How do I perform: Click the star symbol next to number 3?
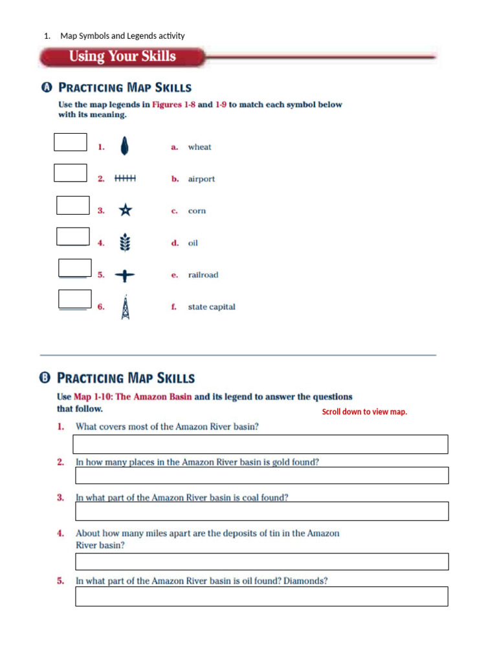click(125, 210)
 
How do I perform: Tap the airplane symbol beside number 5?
click(125, 275)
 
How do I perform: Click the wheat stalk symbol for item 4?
click(125, 243)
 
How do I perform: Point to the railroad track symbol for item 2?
click(125, 178)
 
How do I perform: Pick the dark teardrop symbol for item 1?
click(124, 147)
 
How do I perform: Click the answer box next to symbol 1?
click(70, 142)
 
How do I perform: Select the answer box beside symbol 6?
click(74, 299)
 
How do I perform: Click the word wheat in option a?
click(199, 147)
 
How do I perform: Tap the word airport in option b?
click(201, 179)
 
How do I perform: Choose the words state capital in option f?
click(212, 307)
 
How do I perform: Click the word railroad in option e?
click(203, 275)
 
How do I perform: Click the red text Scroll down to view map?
click(364, 412)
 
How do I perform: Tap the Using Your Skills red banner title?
click(122, 56)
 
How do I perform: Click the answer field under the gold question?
click(261, 475)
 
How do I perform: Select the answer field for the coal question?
click(261, 511)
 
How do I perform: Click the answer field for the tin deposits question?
click(261, 561)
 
